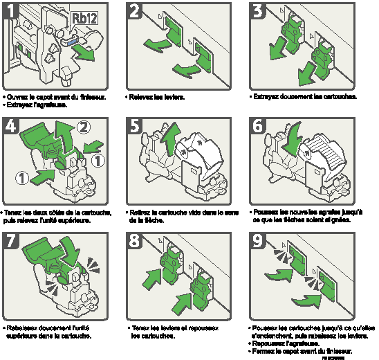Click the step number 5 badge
(136, 126)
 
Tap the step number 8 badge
(136, 241)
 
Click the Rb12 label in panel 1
(84, 17)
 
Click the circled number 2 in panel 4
(84, 127)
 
